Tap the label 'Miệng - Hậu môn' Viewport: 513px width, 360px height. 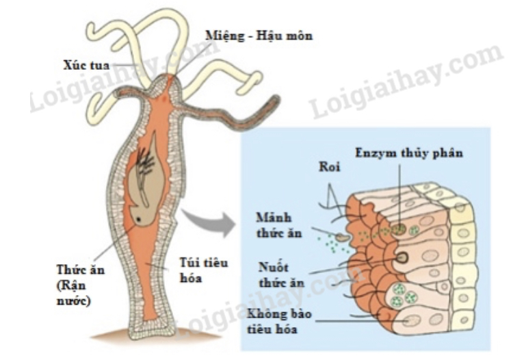point(259,36)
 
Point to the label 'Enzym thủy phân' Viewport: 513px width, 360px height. point(410,152)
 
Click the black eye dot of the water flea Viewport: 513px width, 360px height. point(140,220)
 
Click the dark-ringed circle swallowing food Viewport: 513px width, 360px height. point(402,257)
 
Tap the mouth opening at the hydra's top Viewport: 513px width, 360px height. point(164,80)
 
